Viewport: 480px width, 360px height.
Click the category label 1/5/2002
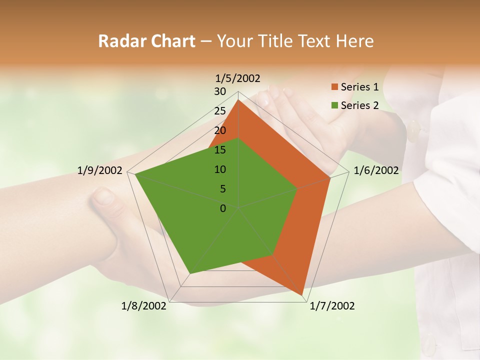[238, 78]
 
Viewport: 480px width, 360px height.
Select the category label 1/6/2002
[376, 170]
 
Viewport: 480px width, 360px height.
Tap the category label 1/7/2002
[332, 306]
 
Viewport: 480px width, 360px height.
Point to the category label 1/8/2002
[144, 306]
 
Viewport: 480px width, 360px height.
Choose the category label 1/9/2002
[100, 170]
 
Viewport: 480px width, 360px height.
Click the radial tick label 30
[220, 91]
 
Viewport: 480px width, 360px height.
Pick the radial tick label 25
[220, 111]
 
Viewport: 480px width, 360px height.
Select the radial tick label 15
[220, 150]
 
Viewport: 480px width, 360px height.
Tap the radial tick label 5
[222, 189]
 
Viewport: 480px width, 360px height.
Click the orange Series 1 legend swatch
[334, 87]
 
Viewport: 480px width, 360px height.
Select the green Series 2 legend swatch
[334, 105]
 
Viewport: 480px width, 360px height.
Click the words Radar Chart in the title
[146, 41]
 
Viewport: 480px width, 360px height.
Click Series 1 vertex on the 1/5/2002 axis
[238, 100]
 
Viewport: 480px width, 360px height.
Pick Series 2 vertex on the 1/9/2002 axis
[135, 174]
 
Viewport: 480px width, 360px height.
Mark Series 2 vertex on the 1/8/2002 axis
[189, 273]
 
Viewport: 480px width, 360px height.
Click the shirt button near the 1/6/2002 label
[414, 131]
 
